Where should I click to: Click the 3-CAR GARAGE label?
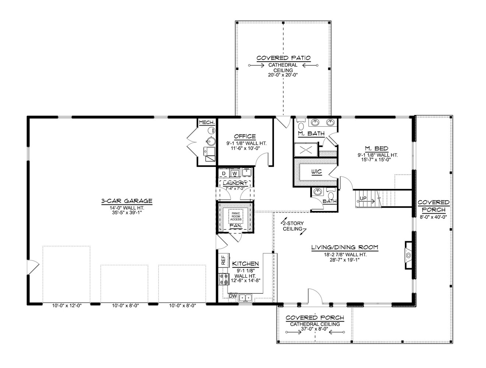[x=127, y=201]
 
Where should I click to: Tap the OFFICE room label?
[x=245, y=137]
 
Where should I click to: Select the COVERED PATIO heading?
[x=283, y=58]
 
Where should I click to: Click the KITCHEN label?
[x=245, y=264]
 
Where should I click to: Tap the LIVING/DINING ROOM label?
[x=345, y=248]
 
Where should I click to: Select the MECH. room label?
[x=207, y=122]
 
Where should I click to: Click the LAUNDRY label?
[x=235, y=183]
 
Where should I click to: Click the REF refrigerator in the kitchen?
[x=223, y=261]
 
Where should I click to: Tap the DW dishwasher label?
[x=232, y=296]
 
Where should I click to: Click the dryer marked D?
[x=223, y=173]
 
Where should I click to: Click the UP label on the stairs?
[x=363, y=199]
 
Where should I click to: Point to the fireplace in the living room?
[x=408, y=255]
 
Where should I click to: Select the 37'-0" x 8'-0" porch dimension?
[x=315, y=329]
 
